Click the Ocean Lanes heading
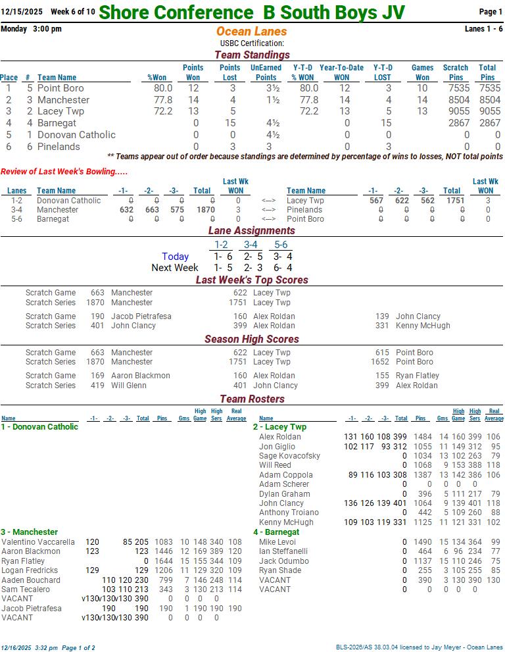pyautogui.click(x=251, y=32)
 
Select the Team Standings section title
pyautogui.click(x=252, y=55)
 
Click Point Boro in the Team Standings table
pyautogui.click(x=60, y=88)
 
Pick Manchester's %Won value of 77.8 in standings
pyautogui.click(x=162, y=100)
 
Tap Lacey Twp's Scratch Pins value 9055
pyautogui.click(x=458, y=112)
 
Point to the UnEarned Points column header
pyautogui.click(x=266, y=72)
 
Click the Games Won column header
pyautogui.click(x=422, y=72)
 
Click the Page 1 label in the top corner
pyautogui.click(x=491, y=12)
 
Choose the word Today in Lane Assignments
pyautogui.click(x=175, y=257)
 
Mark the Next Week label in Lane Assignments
pyautogui.click(x=175, y=268)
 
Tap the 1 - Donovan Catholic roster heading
pyautogui.click(x=39, y=427)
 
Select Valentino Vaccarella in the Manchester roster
pyautogui.click(x=38, y=542)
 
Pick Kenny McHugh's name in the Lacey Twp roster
pyautogui.click(x=286, y=522)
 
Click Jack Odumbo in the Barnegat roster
pyautogui.click(x=283, y=561)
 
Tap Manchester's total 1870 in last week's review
pyautogui.click(x=201, y=210)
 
